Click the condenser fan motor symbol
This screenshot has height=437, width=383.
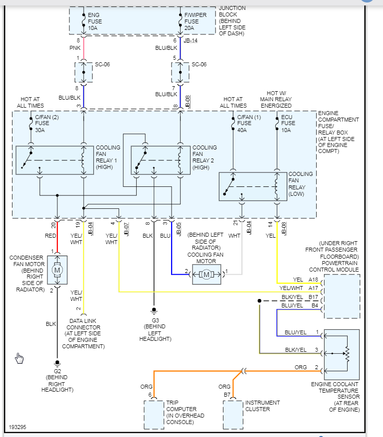tap(57, 270)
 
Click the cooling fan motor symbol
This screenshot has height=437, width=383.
tap(206, 275)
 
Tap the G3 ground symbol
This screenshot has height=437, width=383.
tap(154, 310)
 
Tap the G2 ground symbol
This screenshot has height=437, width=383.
tap(57, 363)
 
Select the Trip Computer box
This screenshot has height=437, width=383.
tap(154, 415)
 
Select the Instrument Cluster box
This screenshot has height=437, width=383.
tap(233, 415)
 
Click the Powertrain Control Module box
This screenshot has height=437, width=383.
tap(342, 296)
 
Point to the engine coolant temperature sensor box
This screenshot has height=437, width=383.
tap(342, 354)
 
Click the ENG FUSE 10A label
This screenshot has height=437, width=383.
tap(95, 21)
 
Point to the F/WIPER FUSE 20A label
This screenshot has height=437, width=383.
tap(195, 21)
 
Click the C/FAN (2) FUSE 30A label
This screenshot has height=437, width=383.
tap(46, 124)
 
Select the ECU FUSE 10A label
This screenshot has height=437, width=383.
tap(288, 124)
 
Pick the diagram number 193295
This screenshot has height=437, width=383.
tap(17, 427)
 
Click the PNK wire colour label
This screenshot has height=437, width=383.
tap(75, 48)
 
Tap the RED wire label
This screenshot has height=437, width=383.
tap(50, 236)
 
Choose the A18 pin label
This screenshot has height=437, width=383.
tap(313, 280)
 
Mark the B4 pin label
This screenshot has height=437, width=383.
tap(315, 305)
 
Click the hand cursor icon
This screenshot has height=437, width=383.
tap(19, 358)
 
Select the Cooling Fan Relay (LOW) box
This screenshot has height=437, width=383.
tap(253, 186)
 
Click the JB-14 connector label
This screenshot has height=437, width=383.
tap(191, 41)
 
